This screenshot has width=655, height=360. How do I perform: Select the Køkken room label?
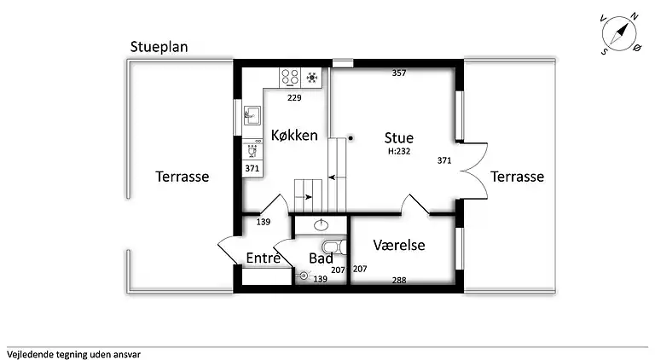(x=294, y=135)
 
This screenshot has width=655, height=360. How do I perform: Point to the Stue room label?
(x=398, y=137)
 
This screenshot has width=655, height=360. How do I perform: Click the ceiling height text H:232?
(x=399, y=151)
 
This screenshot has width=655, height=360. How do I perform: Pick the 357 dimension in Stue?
(x=398, y=73)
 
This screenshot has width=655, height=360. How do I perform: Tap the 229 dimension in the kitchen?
(x=294, y=97)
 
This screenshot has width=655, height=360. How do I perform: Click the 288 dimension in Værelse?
(x=398, y=280)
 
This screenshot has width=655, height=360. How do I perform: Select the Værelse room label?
(x=399, y=245)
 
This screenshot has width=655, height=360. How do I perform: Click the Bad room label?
(x=321, y=258)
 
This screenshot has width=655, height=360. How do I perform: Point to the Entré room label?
(x=264, y=258)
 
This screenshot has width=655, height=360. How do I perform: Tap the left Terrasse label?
(x=182, y=177)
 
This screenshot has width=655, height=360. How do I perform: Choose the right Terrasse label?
(x=517, y=177)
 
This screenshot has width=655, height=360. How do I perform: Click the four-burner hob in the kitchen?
(x=290, y=78)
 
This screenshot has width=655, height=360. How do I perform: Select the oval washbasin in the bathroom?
(x=322, y=225)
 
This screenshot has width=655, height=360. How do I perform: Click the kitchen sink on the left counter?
(x=252, y=115)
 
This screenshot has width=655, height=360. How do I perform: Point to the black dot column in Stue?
(x=351, y=137)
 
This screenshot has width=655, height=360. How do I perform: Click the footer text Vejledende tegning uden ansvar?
(x=73, y=352)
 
